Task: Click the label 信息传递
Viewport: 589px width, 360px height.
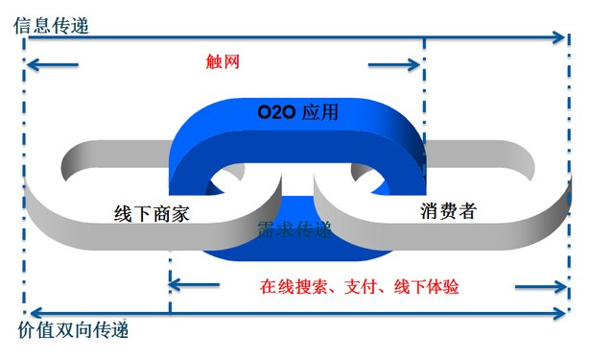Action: click(51, 26)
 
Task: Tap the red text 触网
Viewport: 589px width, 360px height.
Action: click(223, 61)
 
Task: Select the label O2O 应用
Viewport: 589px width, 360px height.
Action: click(297, 112)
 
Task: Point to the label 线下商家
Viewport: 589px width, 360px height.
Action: click(152, 214)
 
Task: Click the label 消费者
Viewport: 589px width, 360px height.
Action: click(448, 210)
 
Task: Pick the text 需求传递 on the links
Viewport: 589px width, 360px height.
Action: click(294, 229)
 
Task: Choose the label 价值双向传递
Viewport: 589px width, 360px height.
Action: click(73, 329)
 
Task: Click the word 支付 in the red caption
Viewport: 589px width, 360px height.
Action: click(361, 287)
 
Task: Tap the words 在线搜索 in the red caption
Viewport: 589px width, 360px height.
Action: click(293, 287)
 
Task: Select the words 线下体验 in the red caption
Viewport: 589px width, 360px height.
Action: click(426, 287)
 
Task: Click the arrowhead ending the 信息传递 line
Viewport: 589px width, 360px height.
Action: click(559, 36)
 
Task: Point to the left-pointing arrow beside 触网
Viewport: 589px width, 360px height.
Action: click(53, 64)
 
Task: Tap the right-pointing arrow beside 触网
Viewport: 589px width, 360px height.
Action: click(394, 64)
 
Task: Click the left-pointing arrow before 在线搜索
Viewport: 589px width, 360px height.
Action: click(194, 285)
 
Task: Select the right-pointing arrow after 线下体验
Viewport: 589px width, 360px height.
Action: click(541, 287)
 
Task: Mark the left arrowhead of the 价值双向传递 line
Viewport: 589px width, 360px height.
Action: click(36, 313)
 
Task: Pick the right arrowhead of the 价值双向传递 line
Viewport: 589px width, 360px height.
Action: click(559, 313)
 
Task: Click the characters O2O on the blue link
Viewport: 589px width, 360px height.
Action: click(274, 112)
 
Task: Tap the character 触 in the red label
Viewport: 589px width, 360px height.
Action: click(214, 61)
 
